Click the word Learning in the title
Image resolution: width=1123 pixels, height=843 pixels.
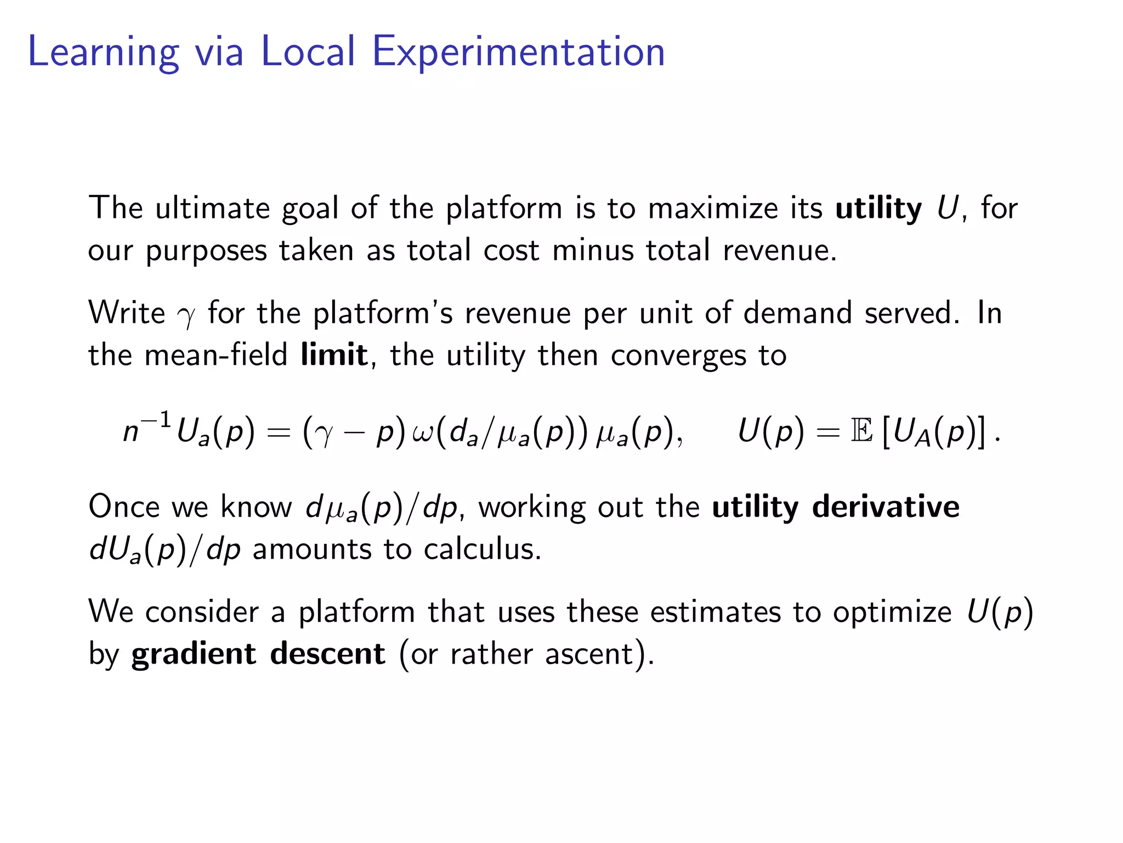(x=103, y=52)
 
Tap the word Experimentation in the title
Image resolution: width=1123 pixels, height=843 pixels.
(x=518, y=52)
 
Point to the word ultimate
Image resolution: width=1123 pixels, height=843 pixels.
(x=212, y=209)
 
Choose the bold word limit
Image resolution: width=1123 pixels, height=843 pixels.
(x=334, y=355)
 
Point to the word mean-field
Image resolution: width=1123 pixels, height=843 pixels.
(x=215, y=355)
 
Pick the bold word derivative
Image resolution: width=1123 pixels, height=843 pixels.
(x=886, y=507)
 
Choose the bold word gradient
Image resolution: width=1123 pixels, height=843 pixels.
(x=194, y=655)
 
